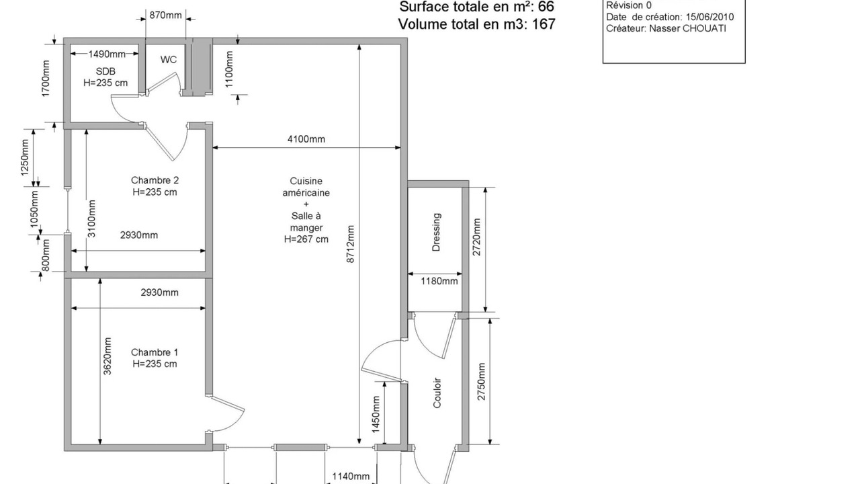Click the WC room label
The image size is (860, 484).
point(169,60)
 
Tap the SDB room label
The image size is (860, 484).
point(105,71)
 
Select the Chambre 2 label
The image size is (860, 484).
point(155,180)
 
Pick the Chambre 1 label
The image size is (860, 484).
point(155,352)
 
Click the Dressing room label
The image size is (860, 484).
point(436,232)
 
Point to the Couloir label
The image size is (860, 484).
point(437,393)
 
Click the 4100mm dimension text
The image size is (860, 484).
point(306,139)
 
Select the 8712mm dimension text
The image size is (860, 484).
point(351,244)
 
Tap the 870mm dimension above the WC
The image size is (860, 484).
point(165,15)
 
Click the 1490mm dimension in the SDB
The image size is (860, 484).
point(107,54)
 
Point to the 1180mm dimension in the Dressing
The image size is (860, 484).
point(439,281)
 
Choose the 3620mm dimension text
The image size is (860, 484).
point(107,356)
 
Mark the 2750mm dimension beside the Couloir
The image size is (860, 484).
point(482,381)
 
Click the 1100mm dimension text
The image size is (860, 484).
point(229,69)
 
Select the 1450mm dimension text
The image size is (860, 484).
point(376,415)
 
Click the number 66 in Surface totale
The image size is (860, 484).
point(546,7)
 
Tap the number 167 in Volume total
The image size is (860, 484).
point(544,24)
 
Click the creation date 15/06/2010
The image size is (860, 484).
point(710,17)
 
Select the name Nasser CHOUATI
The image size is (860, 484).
point(687,28)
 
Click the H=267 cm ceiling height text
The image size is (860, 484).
point(306,239)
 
